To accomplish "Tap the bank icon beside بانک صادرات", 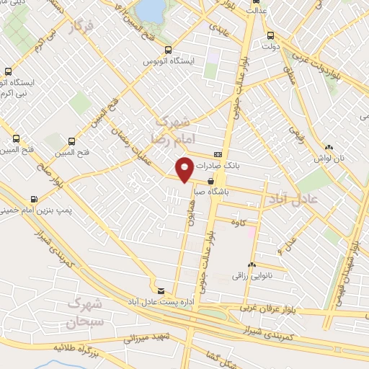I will click(218, 155).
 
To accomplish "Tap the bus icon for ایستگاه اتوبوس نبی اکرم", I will click(8, 71).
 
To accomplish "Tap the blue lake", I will click(151, 9).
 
